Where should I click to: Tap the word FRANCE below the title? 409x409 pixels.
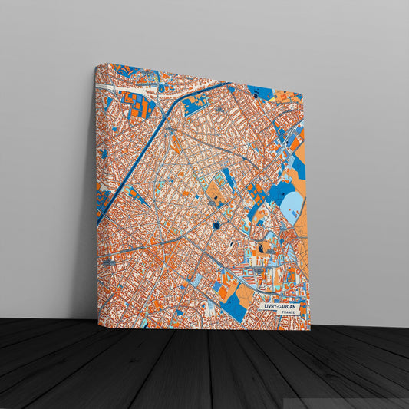point(289,313)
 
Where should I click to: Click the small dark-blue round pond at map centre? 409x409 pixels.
point(217,225)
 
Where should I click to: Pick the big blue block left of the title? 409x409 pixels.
point(233,308)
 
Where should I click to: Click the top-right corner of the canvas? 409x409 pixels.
point(304,95)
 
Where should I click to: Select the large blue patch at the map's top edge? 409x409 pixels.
point(260,93)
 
